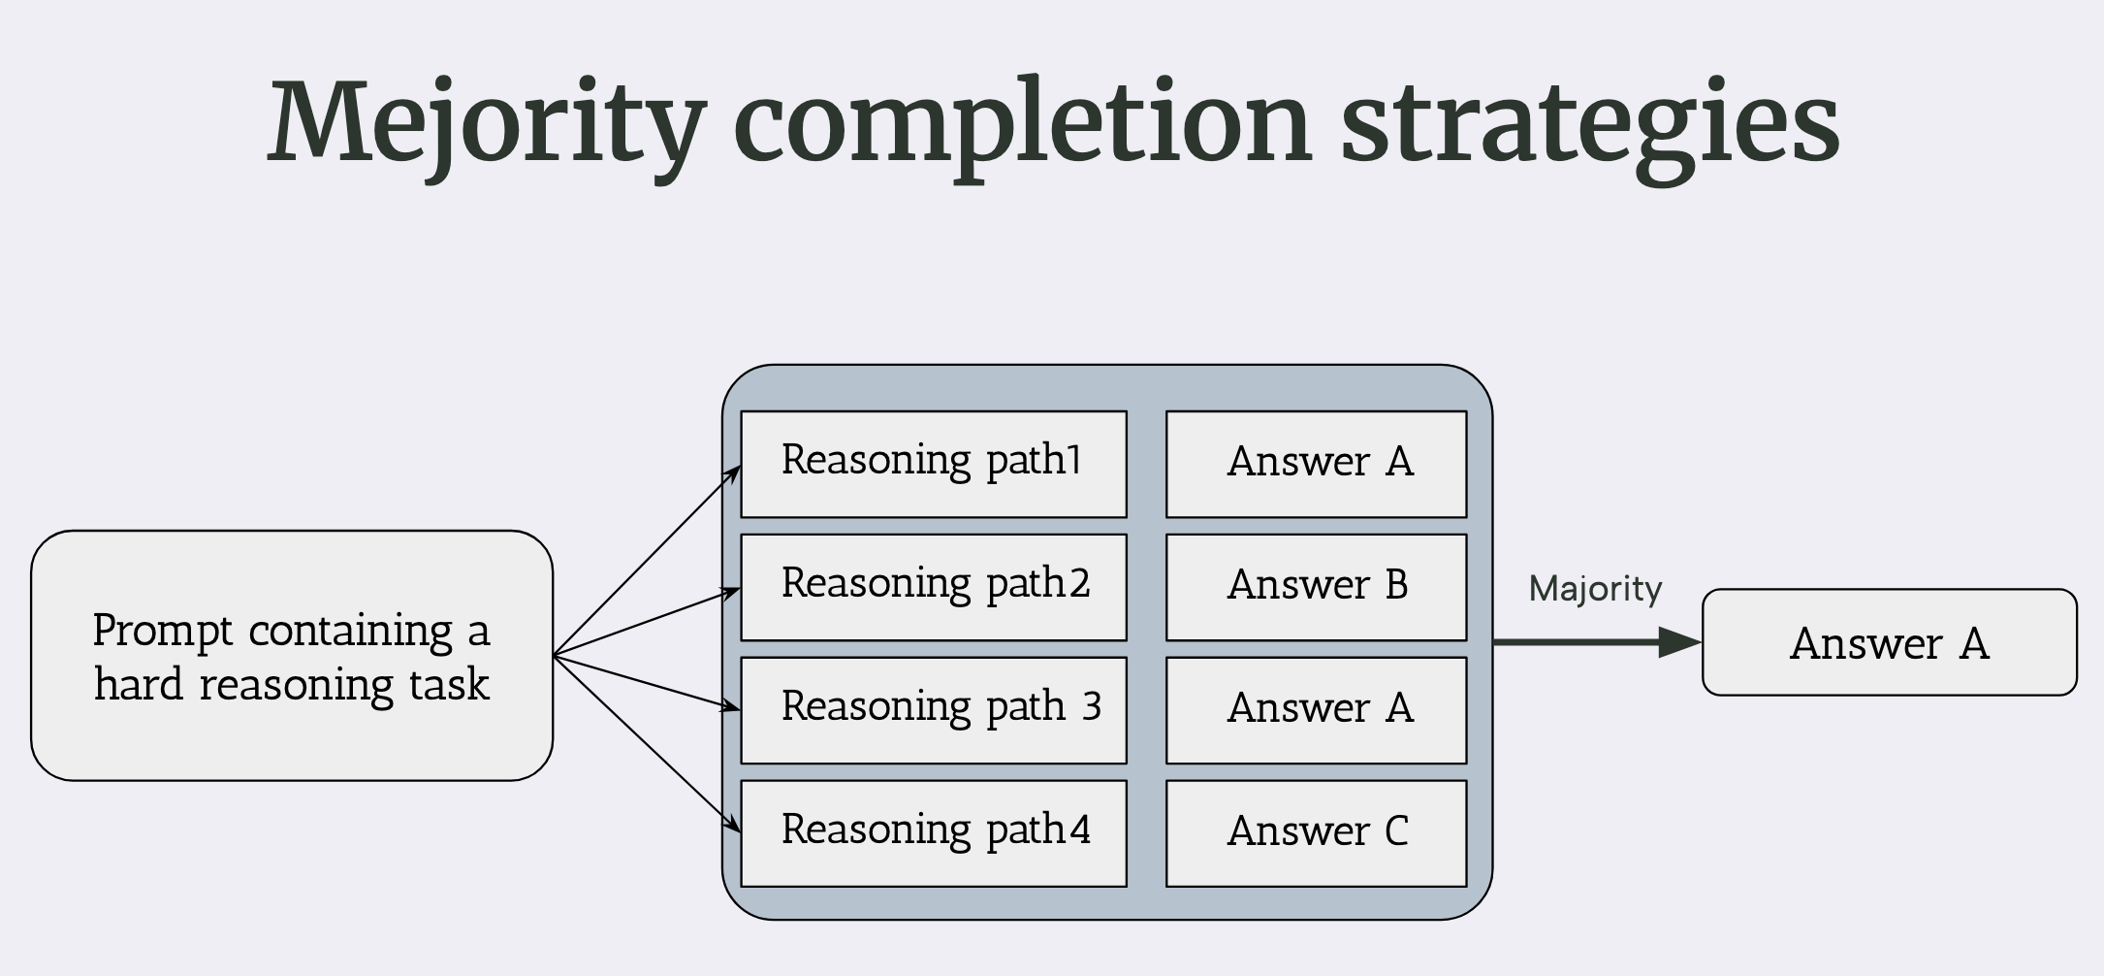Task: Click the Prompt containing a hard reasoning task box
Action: click(x=291, y=656)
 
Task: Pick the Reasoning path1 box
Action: click(x=933, y=464)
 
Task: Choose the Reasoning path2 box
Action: click(x=933, y=587)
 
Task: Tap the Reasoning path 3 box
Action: click(x=933, y=710)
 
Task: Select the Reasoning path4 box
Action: click(x=933, y=833)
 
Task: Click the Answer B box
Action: click(x=1316, y=587)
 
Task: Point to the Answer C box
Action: click(x=1316, y=833)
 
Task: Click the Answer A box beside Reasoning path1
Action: click(x=1316, y=464)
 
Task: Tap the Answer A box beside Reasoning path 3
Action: click(x=1316, y=710)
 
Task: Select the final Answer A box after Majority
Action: click(x=1889, y=642)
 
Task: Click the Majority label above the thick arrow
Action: click(x=1595, y=589)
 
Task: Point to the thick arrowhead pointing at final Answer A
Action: click(x=1680, y=642)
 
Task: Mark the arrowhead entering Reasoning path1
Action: click(x=734, y=473)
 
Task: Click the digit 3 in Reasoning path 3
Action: click(x=1092, y=706)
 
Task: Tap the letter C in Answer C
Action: click(x=1396, y=830)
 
